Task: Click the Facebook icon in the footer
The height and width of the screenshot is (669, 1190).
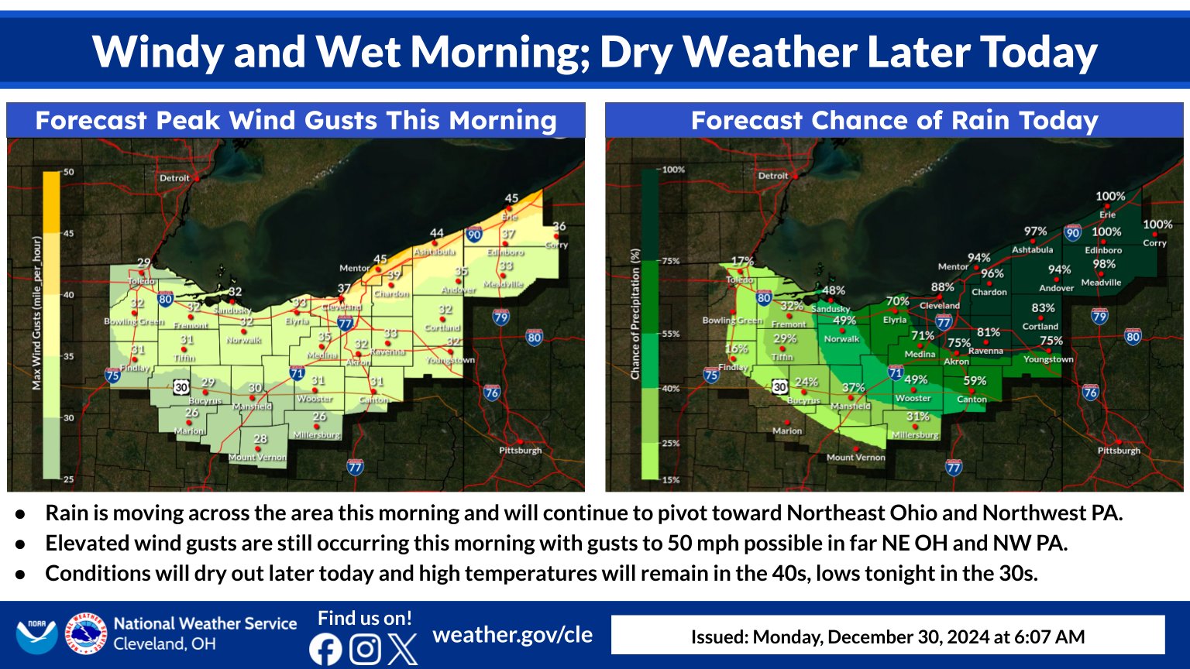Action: click(325, 649)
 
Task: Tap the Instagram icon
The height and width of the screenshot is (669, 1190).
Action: click(365, 649)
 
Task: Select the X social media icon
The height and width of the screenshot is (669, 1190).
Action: click(402, 649)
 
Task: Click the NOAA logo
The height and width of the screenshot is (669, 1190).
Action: click(36, 635)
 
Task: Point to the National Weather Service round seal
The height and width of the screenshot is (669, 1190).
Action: click(85, 634)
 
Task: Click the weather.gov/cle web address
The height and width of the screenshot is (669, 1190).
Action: click(512, 635)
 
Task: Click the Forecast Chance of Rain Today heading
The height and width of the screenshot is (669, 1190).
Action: click(894, 121)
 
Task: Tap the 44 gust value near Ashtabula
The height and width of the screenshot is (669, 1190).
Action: click(437, 233)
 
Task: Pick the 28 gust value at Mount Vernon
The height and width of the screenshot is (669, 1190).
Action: click(260, 439)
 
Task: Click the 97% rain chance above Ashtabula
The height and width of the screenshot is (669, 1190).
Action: click(1035, 232)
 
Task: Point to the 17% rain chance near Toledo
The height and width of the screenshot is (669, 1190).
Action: click(742, 262)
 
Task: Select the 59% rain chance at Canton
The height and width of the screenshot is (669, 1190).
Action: click(975, 381)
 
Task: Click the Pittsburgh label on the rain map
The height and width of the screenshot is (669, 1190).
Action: click(1119, 451)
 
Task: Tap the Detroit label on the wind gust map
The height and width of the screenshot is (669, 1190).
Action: click(174, 178)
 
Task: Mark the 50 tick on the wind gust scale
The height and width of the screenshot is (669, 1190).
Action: click(69, 172)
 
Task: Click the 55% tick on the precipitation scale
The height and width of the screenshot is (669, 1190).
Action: click(669, 334)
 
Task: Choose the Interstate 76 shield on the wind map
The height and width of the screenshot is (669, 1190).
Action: click(491, 393)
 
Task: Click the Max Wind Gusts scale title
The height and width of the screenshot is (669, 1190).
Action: click(36, 313)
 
